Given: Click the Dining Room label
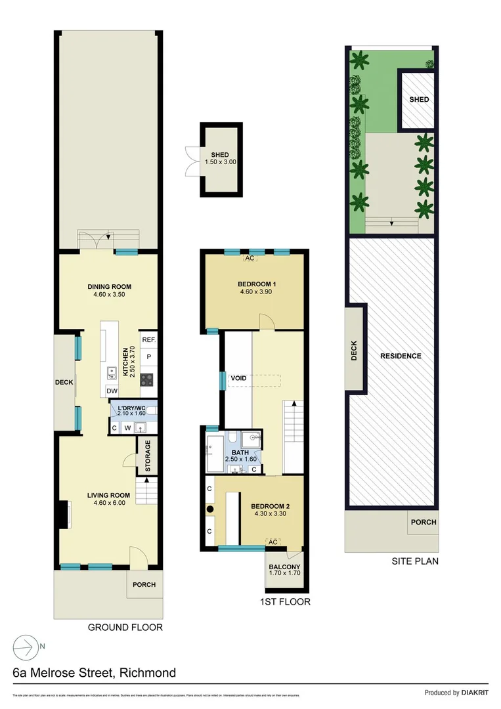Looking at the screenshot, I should tap(110, 286).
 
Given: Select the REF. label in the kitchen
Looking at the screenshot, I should tap(148, 340).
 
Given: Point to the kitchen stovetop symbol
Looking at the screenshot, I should tap(148, 378).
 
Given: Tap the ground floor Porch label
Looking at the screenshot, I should tap(144, 585).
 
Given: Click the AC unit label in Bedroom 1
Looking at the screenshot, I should tap(250, 259).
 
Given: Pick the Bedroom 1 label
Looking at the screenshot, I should tap(257, 284).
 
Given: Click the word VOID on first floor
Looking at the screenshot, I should tap(238, 379).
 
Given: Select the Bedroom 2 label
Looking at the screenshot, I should tap(271, 507).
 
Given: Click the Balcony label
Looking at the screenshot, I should tap(284, 567).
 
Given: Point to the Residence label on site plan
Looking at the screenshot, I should tap(401, 356).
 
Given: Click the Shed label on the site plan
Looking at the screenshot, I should tap(419, 100).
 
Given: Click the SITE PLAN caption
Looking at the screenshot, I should tap(414, 561).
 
